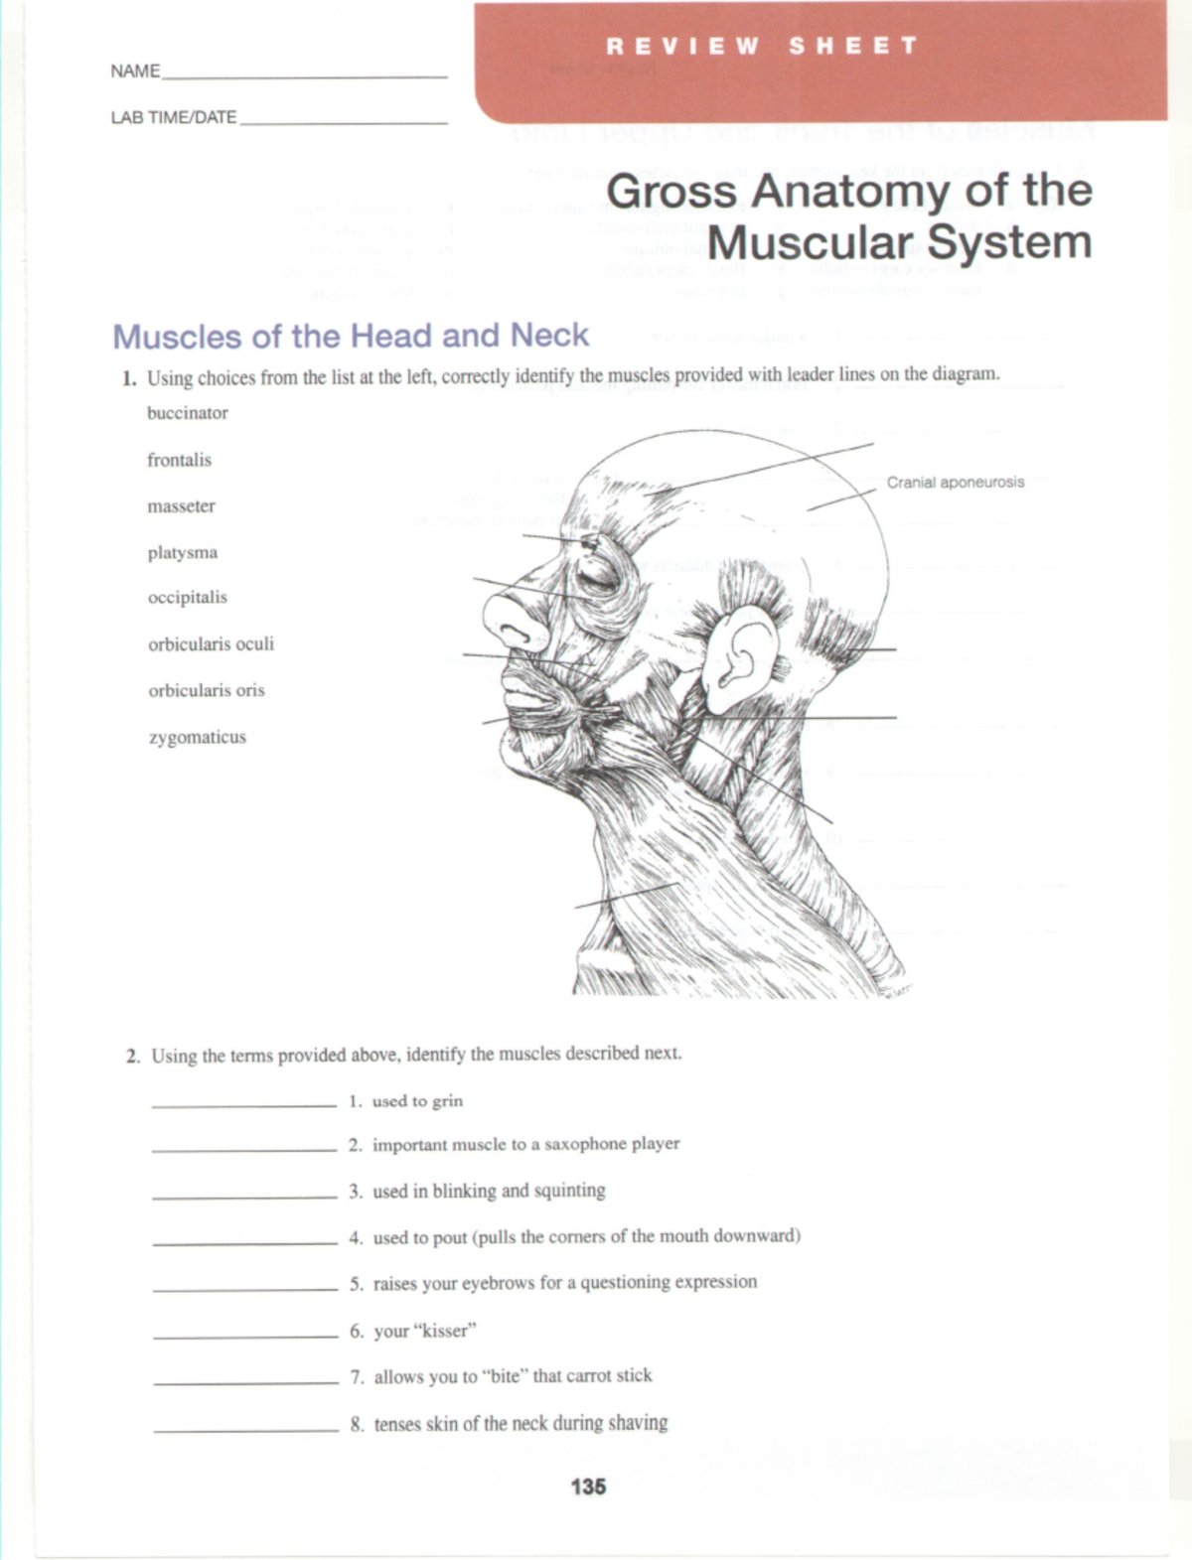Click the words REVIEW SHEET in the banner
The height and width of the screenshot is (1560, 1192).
click(762, 47)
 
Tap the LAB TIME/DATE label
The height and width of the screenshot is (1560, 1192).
click(173, 118)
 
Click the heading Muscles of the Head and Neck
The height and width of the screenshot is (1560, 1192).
click(351, 336)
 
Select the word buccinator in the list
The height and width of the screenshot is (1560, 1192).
click(188, 413)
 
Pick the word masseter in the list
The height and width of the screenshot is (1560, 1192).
click(181, 506)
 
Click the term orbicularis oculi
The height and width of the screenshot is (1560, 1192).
click(211, 644)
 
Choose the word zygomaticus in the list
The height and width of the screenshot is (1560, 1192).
click(197, 738)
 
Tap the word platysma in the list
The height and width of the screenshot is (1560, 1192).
click(183, 553)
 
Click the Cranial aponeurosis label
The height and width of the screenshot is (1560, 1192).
click(955, 483)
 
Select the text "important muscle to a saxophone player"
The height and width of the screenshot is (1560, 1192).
click(525, 1145)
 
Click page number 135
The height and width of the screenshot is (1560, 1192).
click(588, 1487)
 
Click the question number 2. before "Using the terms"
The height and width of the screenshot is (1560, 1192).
click(133, 1057)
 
